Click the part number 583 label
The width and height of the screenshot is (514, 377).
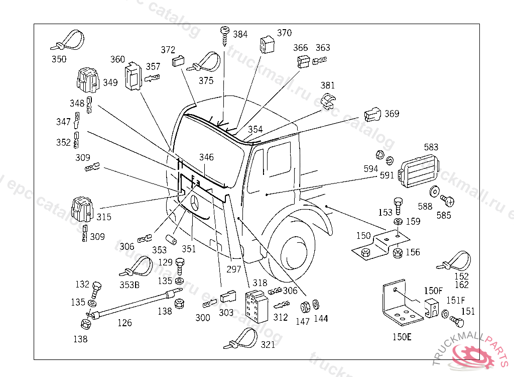tap(431, 147)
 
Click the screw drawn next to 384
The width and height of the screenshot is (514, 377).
tap(225, 36)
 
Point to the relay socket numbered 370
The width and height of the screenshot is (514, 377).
tap(267, 45)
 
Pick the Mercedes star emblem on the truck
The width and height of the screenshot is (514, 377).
tap(195, 203)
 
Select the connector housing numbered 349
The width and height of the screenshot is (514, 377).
tap(88, 80)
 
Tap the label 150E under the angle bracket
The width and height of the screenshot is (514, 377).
tap(402, 337)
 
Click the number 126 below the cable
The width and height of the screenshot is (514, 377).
tap(124, 323)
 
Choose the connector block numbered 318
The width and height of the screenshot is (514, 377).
tap(256, 307)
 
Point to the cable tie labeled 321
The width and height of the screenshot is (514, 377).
tap(240, 339)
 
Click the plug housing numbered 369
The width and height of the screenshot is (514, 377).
tap(372, 114)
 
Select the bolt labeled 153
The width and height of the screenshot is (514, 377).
tap(398, 206)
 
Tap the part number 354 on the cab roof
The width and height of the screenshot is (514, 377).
tap(255, 129)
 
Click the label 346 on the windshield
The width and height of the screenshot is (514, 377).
tap(206, 157)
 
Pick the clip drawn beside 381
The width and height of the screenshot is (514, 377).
tap(328, 101)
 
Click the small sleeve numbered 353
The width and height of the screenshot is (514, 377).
tap(171, 239)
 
